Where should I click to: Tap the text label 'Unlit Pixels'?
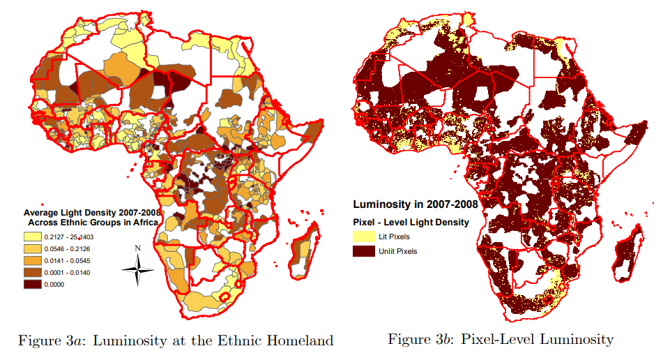398,251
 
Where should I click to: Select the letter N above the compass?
138,248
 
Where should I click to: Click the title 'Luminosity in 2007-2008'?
415,205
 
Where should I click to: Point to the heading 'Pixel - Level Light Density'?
411,223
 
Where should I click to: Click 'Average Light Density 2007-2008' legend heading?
92,212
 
